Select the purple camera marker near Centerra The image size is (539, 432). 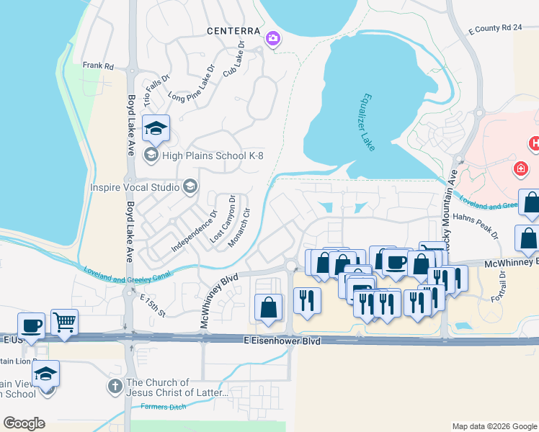[273, 38]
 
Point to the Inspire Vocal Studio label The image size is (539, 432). [135, 187]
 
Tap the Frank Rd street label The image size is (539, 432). [98, 66]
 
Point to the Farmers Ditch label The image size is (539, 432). [164, 408]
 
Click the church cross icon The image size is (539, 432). [115, 387]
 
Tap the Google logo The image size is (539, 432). [24, 423]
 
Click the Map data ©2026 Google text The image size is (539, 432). [494, 426]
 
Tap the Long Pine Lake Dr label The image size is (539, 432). [192, 84]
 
